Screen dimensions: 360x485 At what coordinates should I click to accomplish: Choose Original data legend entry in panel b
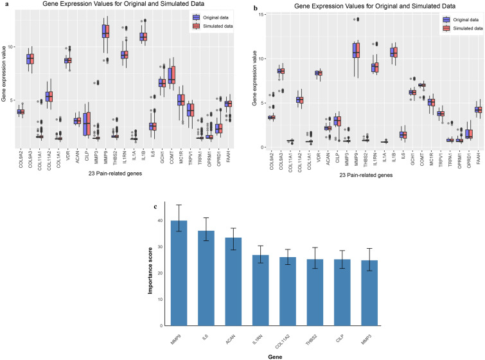pos(461,19)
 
